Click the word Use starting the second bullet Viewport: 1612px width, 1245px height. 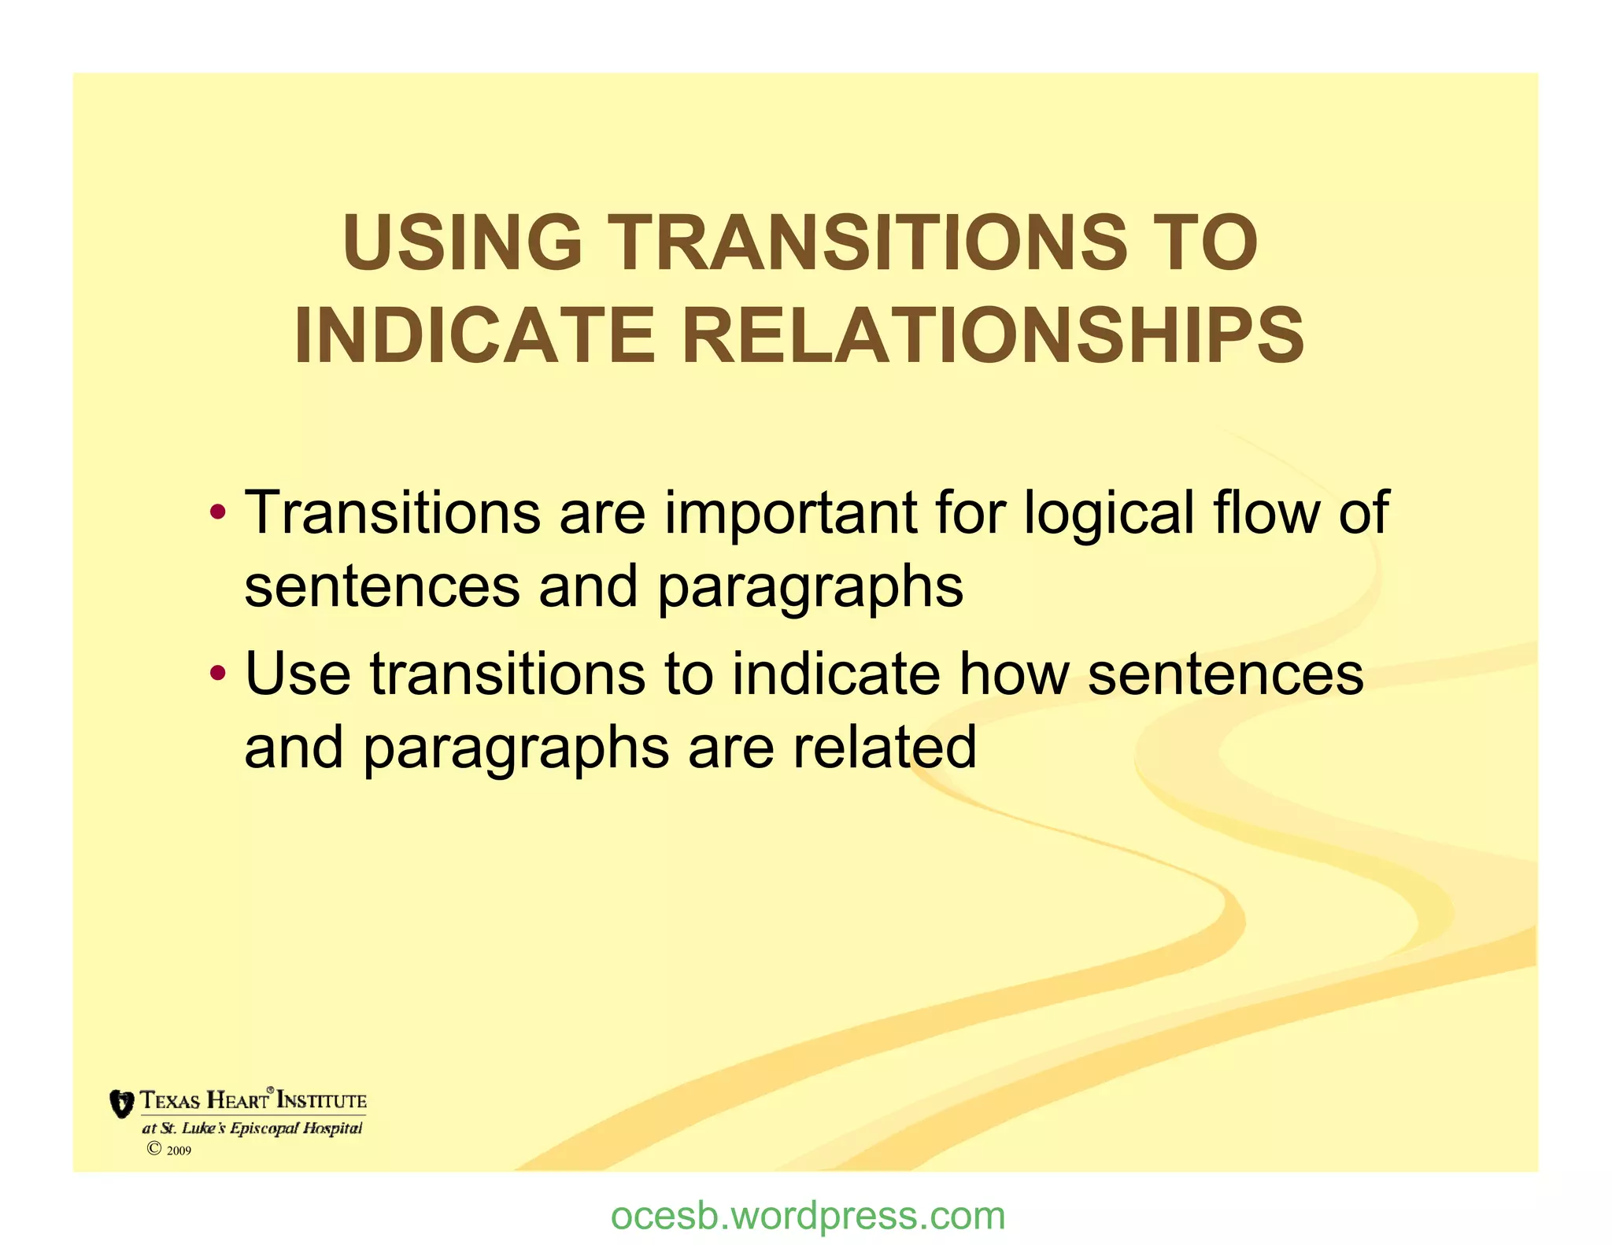298,674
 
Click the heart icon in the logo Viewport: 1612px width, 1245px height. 121,1103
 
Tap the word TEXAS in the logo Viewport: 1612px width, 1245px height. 170,1100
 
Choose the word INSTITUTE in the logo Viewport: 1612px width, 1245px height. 322,1100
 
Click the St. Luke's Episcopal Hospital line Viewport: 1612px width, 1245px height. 252,1129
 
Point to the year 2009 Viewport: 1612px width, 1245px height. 179,1151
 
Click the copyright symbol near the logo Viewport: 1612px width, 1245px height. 154,1149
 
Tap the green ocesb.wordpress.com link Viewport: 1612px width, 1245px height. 808,1216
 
